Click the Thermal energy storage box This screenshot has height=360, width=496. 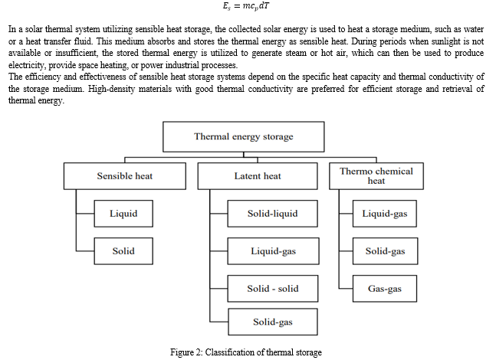click(244, 136)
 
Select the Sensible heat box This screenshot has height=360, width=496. click(125, 176)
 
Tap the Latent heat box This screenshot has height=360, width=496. click(258, 176)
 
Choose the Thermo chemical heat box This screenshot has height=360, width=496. click(376, 176)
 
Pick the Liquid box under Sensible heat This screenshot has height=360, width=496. click(123, 214)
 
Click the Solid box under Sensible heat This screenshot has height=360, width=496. click(123, 251)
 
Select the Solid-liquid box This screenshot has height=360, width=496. click(273, 214)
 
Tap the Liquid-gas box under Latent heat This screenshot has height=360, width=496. click(274, 251)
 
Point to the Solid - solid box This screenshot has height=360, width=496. click(273, 289)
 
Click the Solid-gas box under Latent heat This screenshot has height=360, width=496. click(273, 322)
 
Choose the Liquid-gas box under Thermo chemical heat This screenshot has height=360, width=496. click(385, 214)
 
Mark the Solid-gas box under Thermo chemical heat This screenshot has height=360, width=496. click(386, 251)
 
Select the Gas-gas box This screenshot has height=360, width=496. click(385, 289)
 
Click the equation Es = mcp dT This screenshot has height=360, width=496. click(246, 6)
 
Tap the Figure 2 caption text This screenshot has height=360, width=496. click(246, 352)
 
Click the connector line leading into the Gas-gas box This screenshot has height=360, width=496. click(346, 289)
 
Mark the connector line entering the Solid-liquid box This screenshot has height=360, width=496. click(218, 214)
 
